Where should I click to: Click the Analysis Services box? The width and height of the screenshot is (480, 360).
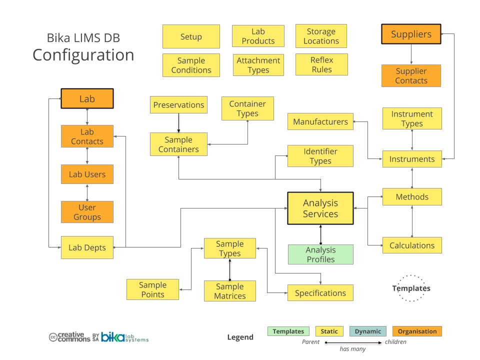[x=320, y=208]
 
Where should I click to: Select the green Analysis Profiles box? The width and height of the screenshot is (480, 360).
[x=320, y=254]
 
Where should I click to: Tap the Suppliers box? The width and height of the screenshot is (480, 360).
[x=411, y=34]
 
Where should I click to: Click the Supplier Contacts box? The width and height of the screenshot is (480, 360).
[x=411, y=75]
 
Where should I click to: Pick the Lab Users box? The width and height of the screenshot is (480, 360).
[x=87, y=174]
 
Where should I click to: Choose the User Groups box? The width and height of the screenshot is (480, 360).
[x=87, y=212]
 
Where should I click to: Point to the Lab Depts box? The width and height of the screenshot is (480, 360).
[x=87, y=247]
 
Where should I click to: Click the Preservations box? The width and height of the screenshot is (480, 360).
[x=178, y=105]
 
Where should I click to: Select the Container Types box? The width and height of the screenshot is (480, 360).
[x=247, y=108]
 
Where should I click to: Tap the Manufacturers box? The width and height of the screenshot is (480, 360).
[x=320, y=121]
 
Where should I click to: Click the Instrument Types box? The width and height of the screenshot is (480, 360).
[x=412, y=118]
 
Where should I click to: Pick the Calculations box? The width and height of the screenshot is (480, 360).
[x=412, y=245]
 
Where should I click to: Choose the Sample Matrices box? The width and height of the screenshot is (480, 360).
[x=230, y=291]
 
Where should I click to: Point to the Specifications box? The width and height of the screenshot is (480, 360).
[x=320, y=293]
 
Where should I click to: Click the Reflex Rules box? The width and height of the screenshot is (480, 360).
[x=321, y=64]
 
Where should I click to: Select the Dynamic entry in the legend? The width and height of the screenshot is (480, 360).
[x=368, y=331]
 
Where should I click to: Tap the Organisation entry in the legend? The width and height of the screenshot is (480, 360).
[x=417, y=331]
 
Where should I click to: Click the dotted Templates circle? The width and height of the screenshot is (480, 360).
[x=411, y=288]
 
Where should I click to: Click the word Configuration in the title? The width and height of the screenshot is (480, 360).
[x=83, y=54]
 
